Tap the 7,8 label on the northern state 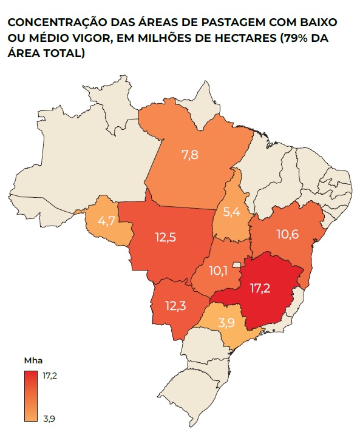190,155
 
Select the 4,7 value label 107,221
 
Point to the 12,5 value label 165,238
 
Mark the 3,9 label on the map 226,324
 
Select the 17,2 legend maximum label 50,375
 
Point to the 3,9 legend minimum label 49,417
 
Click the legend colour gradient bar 32,396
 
